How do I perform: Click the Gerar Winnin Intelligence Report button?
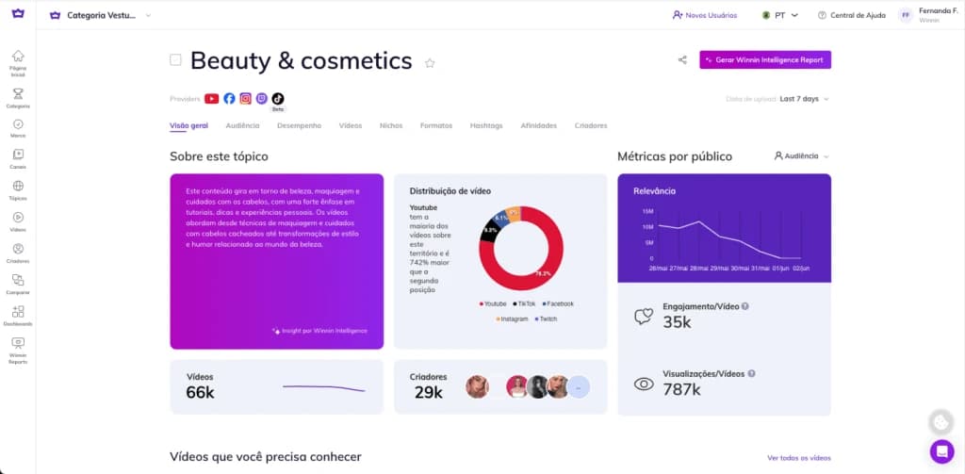(x=764, y=59)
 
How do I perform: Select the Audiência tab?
(x=242, y=125)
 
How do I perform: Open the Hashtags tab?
(x=485, y=125)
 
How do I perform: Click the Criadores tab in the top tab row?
(x=590, y=125)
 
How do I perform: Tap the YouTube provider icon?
(x=212, y=98)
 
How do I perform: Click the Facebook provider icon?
(x=229, y=98)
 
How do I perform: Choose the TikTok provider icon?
(x=277, y=98)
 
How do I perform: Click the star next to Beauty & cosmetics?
(x=430, y=63)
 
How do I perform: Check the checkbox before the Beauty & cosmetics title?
(x=175, y=60)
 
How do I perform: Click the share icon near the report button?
(x=682, y=60)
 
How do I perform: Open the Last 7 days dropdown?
(x=804, y=99)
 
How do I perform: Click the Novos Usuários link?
(x=705, y=15)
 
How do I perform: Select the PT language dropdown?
(x=779, y=15)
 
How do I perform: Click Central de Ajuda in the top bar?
(x=851, y=15)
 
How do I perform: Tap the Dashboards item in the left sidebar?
(x=18, y=316)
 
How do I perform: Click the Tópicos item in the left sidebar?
(x=18, y=190)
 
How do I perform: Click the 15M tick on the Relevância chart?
(x=647, y=211)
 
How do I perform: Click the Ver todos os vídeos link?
(x=799, y=458)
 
